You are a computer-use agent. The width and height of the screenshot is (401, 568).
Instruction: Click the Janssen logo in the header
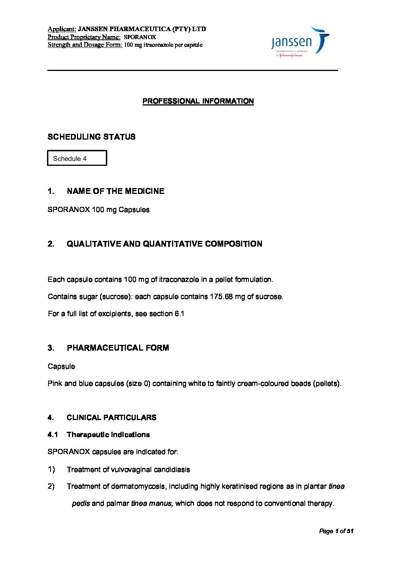point(300,42)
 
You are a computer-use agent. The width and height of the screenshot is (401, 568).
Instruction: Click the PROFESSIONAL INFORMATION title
point(198,101)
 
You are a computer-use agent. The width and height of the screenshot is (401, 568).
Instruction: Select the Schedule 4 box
point(77,158)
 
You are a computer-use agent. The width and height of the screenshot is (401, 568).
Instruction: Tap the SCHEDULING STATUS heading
point(91,137)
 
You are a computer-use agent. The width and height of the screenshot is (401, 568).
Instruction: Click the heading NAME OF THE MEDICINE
point(115,191)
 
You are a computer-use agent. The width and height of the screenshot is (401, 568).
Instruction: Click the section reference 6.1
point(179,313)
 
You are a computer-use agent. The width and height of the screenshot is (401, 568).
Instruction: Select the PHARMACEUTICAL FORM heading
point(117,348)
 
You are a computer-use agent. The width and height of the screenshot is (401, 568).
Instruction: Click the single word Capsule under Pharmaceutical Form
point(61,366)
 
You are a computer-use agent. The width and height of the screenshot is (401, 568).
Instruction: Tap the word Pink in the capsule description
point(55,383)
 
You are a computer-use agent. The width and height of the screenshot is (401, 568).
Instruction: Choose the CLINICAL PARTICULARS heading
point(111,417)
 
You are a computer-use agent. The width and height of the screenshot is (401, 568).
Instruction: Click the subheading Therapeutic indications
point(108,434)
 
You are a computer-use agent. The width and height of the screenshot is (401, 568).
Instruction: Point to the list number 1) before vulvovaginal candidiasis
point(51,469)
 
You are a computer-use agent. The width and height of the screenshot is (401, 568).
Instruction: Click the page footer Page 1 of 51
point(336,531)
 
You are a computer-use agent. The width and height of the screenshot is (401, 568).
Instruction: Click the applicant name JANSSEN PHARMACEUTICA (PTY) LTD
point(142,29)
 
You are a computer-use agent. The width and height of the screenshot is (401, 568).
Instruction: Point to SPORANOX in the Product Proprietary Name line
point(140,37)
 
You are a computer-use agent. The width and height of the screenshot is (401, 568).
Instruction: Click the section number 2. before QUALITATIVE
point(51,244)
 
